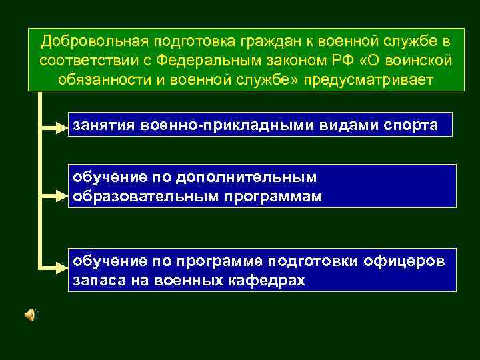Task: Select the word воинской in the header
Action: click(417, 61)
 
